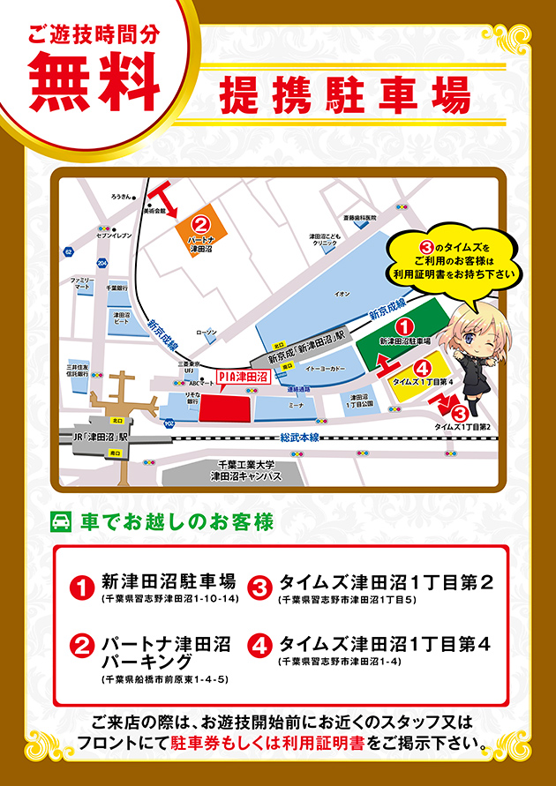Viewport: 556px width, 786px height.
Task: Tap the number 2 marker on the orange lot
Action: click(200, 225)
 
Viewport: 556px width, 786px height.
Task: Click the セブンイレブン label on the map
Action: click(113, 236)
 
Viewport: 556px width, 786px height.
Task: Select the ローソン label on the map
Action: click(206, 333)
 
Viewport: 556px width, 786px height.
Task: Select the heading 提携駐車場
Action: click(344, 94)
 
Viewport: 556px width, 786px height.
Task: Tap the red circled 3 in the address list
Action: click(260, 586)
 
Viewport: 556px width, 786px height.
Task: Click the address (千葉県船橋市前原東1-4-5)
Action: click(165, 679)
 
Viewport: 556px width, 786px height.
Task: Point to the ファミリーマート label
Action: click(82, 283)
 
